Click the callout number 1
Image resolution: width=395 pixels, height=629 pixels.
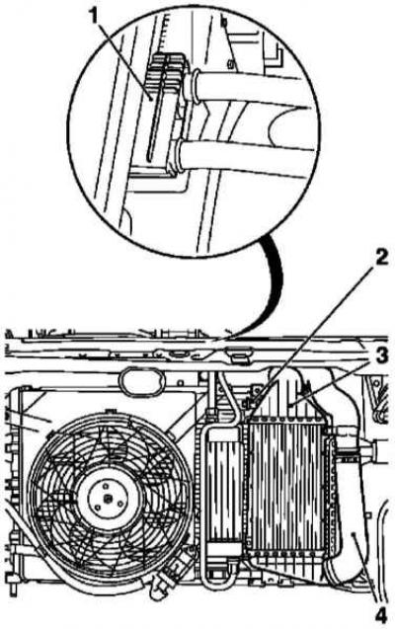point(94,18)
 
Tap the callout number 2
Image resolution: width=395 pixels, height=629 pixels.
point(380,258)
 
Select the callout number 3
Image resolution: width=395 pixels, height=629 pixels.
point(381,355)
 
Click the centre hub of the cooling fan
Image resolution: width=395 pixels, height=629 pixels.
point(109,499)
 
